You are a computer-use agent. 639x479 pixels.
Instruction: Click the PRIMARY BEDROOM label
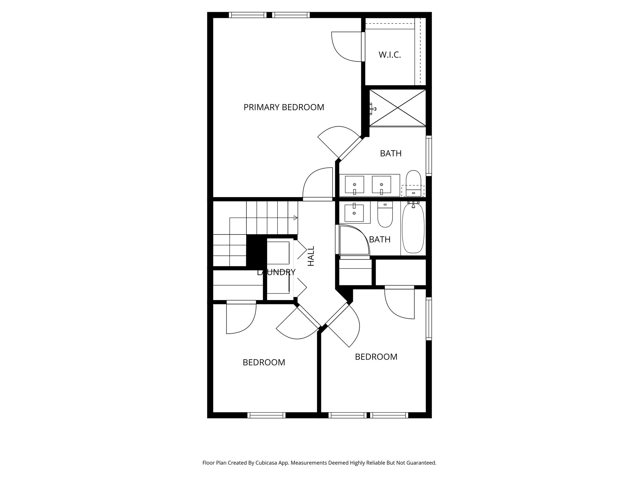pyautogui.click(x=284, y=107)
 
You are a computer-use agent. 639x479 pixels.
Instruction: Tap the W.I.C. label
pyautogui.click(x=390, y=55)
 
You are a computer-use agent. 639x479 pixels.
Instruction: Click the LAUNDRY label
pyautogui.click(x=276, y=272)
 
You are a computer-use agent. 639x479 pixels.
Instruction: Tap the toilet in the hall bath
pyautogui.click(x=385, y=215)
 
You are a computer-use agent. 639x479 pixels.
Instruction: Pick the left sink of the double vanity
pyautogui.click(x=354, y=185)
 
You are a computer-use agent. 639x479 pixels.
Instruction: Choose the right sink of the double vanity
pyautogui.click(x=381, y=185)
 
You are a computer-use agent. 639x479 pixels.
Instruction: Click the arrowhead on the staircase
pyautogui.click(x=295, y=218)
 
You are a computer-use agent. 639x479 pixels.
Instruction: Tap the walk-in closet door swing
pyautogui.click(x=346, y=47)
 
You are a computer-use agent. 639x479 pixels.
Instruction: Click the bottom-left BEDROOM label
pyautogui.click(x=264, y=362)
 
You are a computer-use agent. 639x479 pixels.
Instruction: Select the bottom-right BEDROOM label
pyautogui.click(x=376, y=357)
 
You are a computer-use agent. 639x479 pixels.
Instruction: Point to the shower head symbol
pyautogui.click(x=373, y=109)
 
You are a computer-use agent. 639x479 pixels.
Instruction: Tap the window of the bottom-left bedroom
pyautogui.click(x=266, y=415)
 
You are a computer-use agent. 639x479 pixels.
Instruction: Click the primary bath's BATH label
pyautogui.click(x=391, y=153)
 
